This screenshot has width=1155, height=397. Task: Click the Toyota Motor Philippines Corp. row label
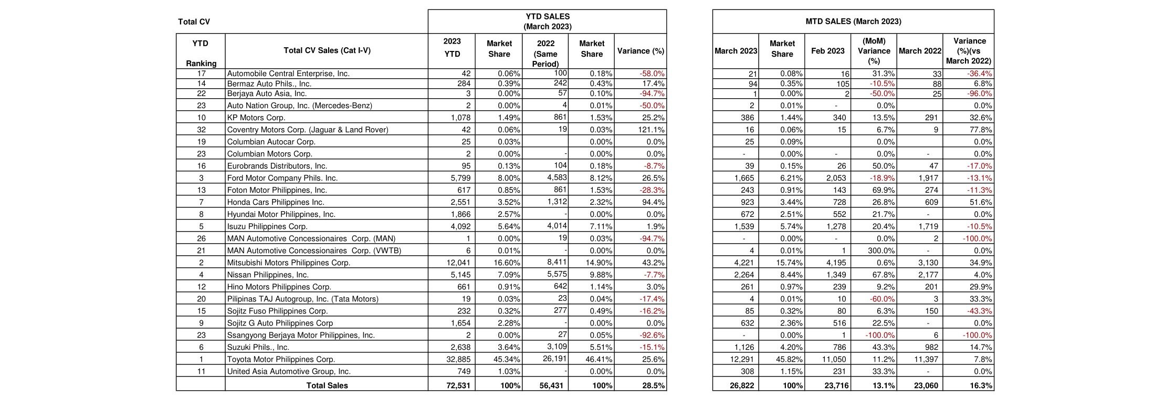click(281, 360)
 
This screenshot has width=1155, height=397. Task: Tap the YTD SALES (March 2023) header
click(547, 22)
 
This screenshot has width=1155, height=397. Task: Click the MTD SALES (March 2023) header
click(853, 22)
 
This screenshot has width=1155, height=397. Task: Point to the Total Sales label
click(327, 385)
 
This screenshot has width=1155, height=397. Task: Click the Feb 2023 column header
click(827, 51)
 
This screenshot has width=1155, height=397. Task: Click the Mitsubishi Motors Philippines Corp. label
click(288, 263)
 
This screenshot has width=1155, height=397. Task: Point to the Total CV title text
click(194, 22)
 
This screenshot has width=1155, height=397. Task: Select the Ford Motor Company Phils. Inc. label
click(282, 178)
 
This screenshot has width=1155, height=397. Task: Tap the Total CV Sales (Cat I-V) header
click(327, 51)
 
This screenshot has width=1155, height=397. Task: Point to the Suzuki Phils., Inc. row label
click(258, 348)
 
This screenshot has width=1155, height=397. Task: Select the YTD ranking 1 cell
click(201, 360)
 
